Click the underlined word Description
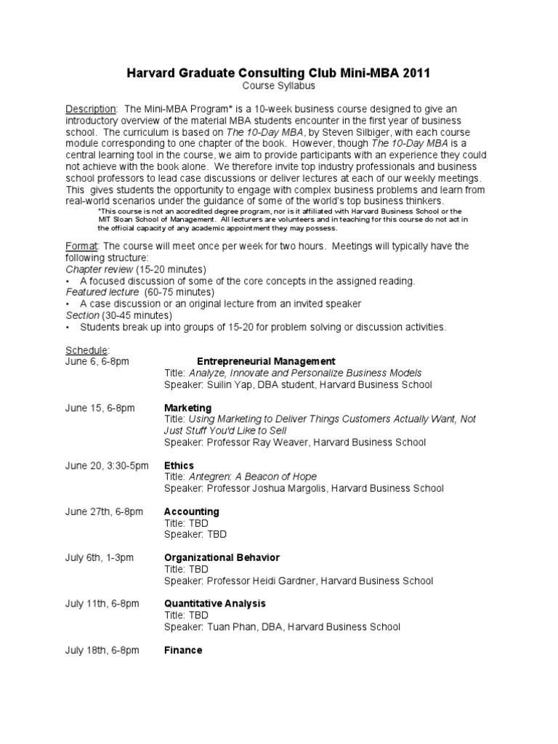pos(91,108)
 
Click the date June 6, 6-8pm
pos(97,361)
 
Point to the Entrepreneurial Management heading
pos(266,361)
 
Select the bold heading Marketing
pos(187,408)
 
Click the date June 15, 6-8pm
pos(100,408)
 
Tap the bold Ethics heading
pos(179,465)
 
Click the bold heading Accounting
pos(191,511)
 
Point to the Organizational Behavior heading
pos(222,557)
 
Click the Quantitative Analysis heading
pos(215,603)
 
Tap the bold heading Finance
pos(183,650)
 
